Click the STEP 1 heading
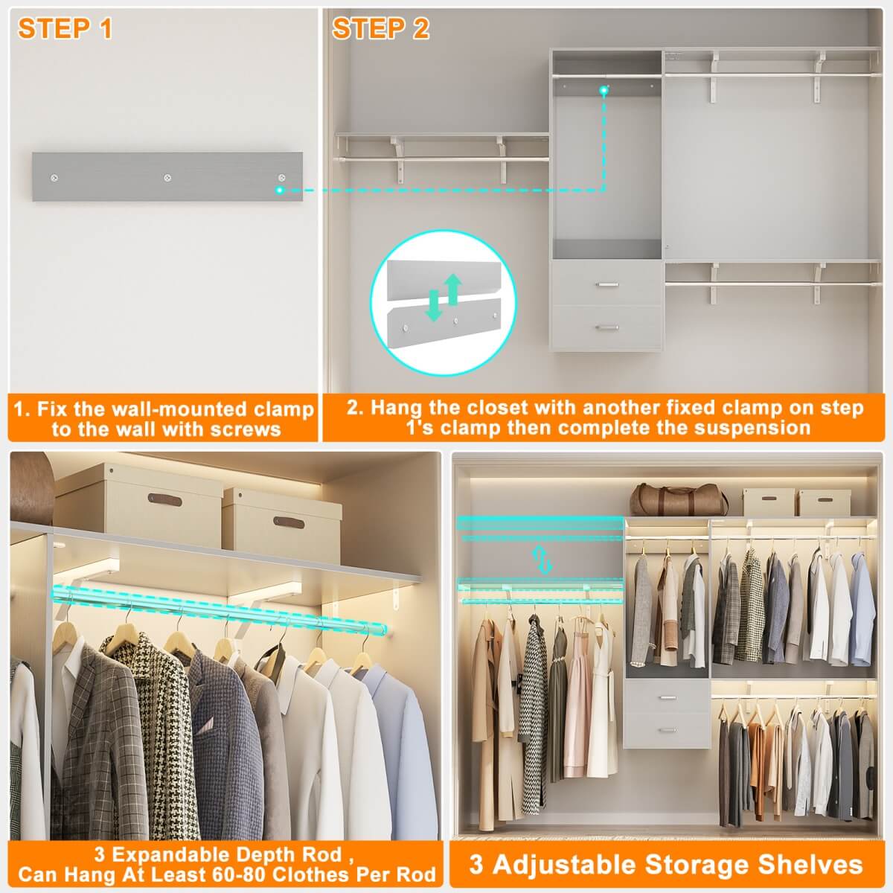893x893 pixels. coord(65,28)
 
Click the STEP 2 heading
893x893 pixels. coord(381,28)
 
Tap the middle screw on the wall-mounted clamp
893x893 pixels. coord(167,178)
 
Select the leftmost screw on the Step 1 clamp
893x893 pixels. coord(54,178)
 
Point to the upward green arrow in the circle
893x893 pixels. coord(452,289)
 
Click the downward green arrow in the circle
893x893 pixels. coord(434,305)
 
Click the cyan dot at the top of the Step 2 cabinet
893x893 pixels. coord(604,90)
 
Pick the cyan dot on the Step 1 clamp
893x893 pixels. coord(280,190)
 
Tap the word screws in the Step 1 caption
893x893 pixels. coord(245,429)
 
